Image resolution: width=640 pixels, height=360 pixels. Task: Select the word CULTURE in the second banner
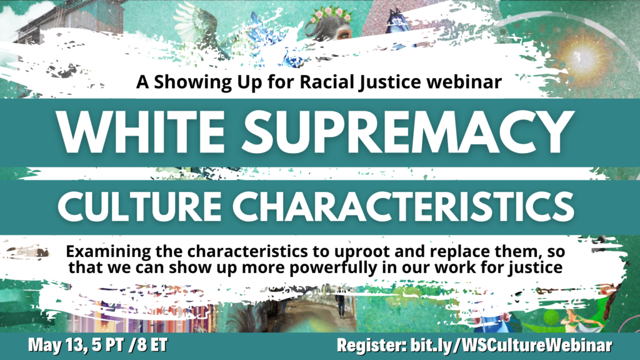click(x=139, y=206)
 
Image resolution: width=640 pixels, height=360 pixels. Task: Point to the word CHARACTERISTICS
click(x=404, y=206)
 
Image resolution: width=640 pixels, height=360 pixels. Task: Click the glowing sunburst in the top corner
click(x=580, y=56)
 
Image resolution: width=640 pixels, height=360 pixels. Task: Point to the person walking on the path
click(x=340, y=302)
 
